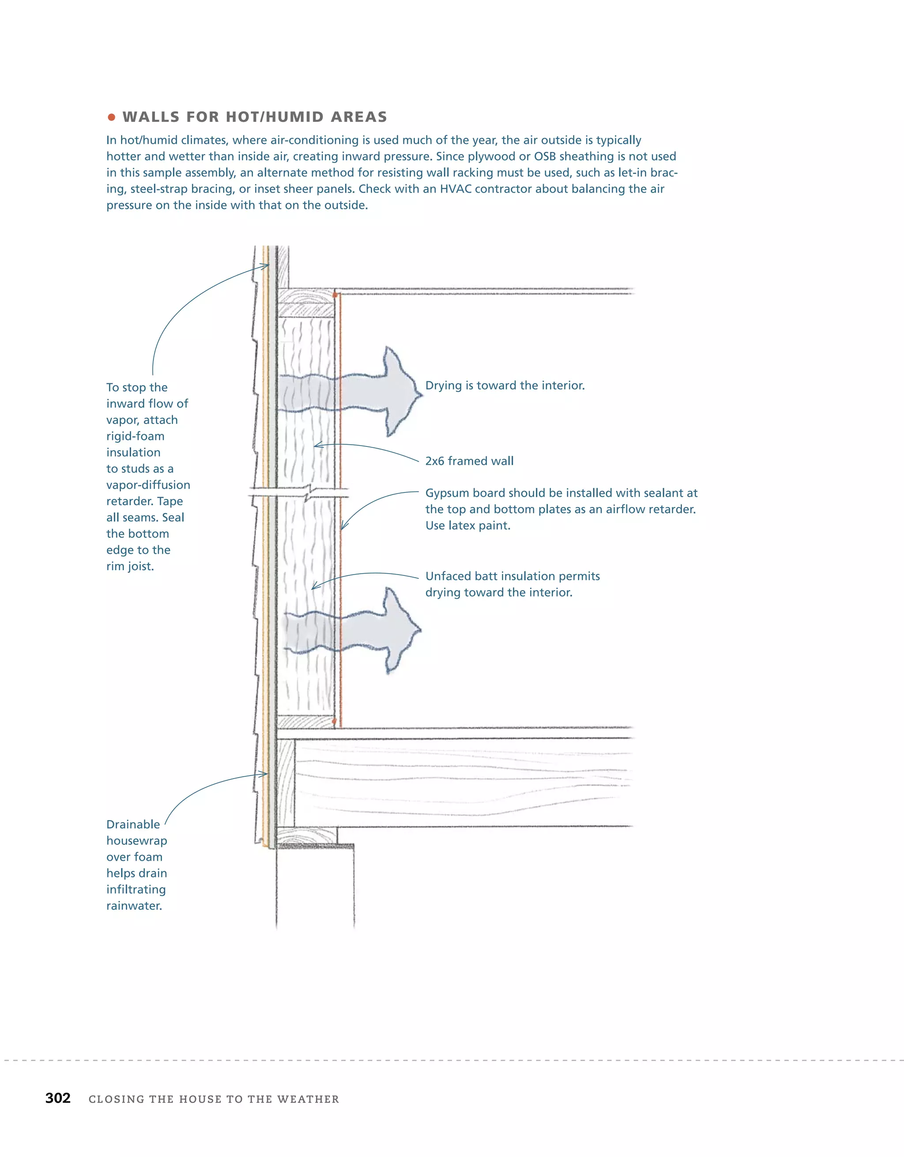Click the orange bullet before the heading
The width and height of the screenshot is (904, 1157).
(111, 117)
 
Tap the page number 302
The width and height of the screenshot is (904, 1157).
(58, 1098)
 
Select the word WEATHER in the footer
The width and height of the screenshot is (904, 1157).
(308, 1099)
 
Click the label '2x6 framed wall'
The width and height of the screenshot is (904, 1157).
(469, 461)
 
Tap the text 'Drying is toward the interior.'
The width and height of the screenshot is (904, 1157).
(505, 385)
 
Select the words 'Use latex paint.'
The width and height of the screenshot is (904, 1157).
(467, 526)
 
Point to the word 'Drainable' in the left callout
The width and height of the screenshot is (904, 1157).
(133, 824)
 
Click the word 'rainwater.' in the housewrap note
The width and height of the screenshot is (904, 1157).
(134, 905)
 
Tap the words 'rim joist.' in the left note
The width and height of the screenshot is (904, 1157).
(130, 566)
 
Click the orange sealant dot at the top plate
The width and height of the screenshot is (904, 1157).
(335, 295)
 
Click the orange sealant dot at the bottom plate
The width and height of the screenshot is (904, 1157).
(334, 721)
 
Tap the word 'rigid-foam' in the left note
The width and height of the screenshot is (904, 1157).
(135, 436)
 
